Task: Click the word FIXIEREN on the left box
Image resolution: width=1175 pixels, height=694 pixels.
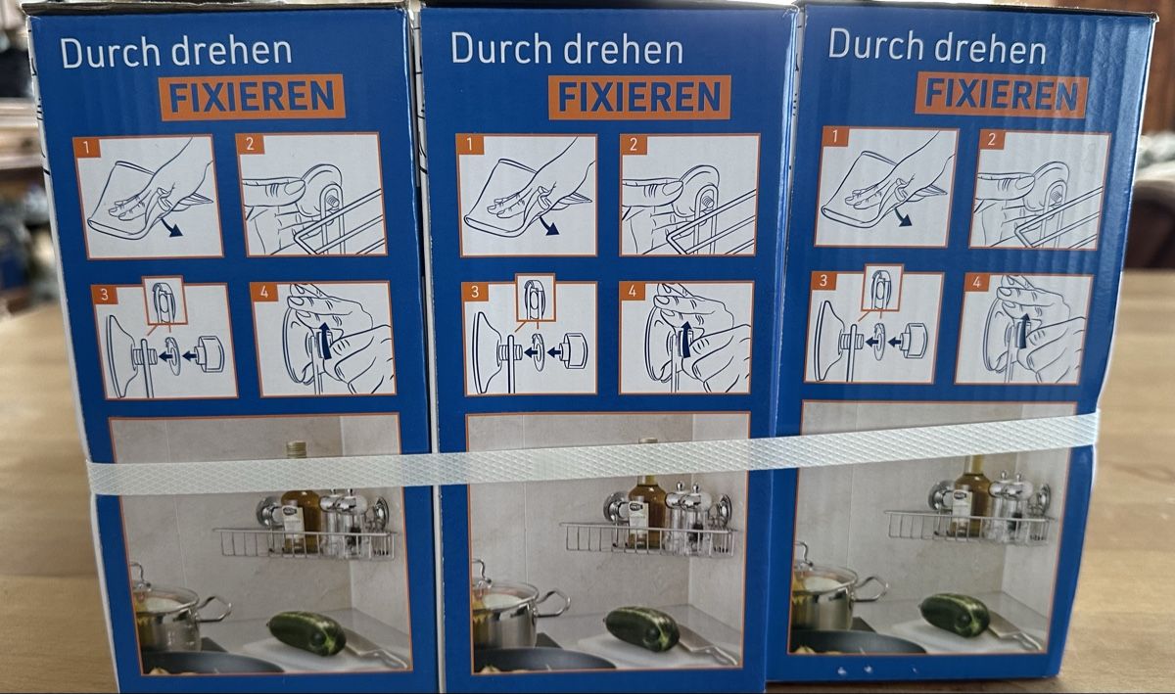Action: tap(252, 97)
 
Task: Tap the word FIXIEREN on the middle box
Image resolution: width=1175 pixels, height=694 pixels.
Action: tap(639, 97)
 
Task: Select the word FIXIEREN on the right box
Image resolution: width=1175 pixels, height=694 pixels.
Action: tap(1001, 94)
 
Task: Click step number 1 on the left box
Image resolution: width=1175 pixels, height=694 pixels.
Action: tap(87, 148)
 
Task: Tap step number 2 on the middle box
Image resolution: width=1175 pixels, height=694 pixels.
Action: tap(634, 145)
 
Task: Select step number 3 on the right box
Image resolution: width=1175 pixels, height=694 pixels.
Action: tap(823, 281)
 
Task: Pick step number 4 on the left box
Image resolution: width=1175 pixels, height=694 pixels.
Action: tap(264, 292)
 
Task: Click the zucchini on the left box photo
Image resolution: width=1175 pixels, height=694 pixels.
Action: tap(307, 632)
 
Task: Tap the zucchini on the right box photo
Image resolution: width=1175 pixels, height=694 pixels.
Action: tap(954, 614)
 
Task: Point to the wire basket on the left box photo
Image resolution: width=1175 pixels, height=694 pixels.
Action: tap(305, 544)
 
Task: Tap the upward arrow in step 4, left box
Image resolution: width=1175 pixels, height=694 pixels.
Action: tap(325, 340)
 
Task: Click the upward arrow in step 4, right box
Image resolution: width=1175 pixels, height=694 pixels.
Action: tap(1023, 331)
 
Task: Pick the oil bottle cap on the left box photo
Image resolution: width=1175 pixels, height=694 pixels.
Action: tap(296, 448)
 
